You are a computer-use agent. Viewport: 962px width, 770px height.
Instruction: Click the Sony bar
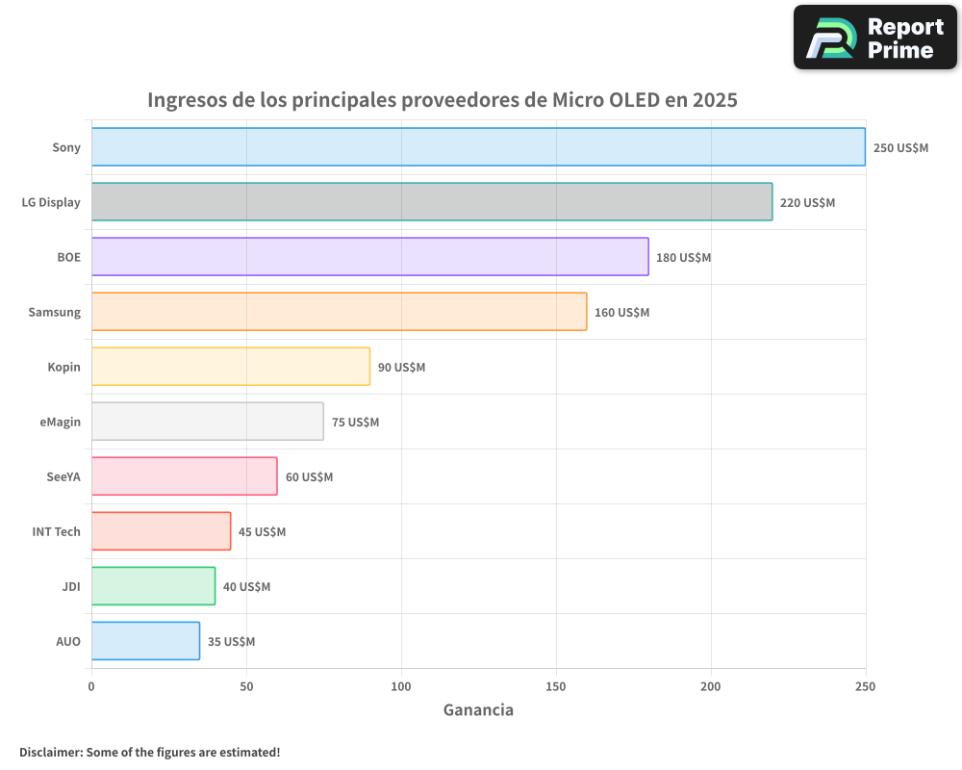pos(478,147)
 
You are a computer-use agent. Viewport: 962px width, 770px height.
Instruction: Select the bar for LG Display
pos(432,202)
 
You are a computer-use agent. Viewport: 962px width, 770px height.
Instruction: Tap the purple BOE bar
pos(370,257)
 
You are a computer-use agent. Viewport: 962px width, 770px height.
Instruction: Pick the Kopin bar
pos(231,367)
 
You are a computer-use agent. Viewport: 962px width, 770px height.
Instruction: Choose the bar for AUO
pos(145,641)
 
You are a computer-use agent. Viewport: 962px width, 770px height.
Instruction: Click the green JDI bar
pos(153,586)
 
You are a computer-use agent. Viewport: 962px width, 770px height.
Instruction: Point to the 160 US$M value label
pos(621,313)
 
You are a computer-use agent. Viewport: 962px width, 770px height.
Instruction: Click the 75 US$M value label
pos(355,423)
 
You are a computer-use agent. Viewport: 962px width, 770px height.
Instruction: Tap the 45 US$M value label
pos(262,532)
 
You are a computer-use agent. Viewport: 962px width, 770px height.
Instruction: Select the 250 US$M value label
pos(900,148)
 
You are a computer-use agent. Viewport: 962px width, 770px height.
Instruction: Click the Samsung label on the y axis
pos(54,313)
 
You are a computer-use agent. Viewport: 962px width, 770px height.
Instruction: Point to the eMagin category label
pos(60,423)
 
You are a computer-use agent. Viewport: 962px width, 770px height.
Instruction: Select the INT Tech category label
pos(56,532)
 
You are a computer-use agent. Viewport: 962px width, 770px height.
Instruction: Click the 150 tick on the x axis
pos(556,686)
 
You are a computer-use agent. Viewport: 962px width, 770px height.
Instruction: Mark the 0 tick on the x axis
pos(91,686)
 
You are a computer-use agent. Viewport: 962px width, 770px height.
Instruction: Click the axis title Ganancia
pos(478,710)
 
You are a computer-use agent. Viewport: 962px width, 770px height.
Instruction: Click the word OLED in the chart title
pos(635,100)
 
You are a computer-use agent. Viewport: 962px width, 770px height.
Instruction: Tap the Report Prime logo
pos(875,38)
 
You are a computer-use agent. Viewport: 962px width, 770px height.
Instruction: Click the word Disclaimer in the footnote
pos(50,752)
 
